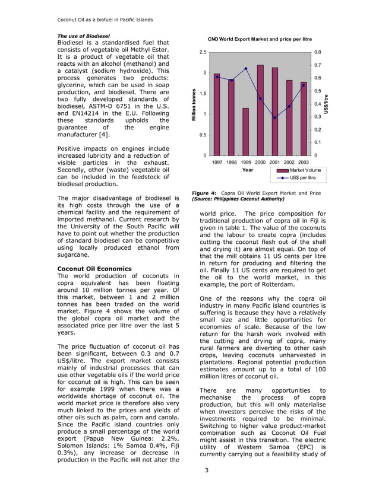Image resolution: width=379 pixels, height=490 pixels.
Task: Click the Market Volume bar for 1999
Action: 246,132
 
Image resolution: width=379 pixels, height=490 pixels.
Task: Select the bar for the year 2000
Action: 260,110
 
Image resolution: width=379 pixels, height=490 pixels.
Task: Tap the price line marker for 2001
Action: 274,117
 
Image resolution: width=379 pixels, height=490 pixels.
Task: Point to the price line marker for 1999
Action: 246,68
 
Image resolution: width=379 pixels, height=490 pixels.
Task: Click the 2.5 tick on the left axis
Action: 203,52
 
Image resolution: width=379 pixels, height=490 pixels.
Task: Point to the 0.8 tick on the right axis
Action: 318,52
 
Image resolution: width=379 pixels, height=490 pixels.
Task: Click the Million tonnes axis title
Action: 194,104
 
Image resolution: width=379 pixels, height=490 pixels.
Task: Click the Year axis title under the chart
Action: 248,170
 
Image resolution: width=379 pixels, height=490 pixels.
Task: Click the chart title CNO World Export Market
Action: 260,39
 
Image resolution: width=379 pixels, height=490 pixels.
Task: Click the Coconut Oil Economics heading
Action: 94,269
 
